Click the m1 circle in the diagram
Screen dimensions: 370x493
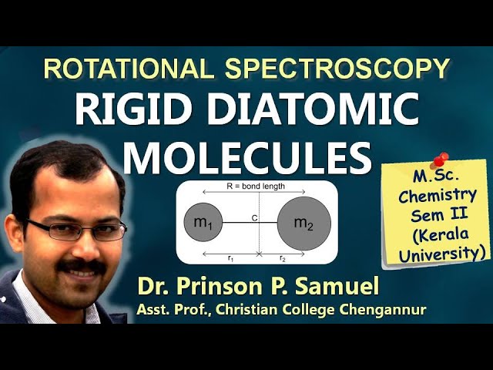pyautogui.click(x=203, y=223)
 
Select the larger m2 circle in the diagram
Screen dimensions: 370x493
pyautogui.click(x=304, y=223)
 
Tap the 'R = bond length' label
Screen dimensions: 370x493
pyautogui.click(x=257, y=187)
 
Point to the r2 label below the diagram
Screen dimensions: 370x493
pyautogui.click(x=283, y=258)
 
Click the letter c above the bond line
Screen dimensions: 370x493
pyautogui.click(x=254, y=217)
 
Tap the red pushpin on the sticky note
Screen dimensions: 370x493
pyautogui.click(x=440, y=160)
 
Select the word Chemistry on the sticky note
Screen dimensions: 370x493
pyautogui.click(x=438, y=195)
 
